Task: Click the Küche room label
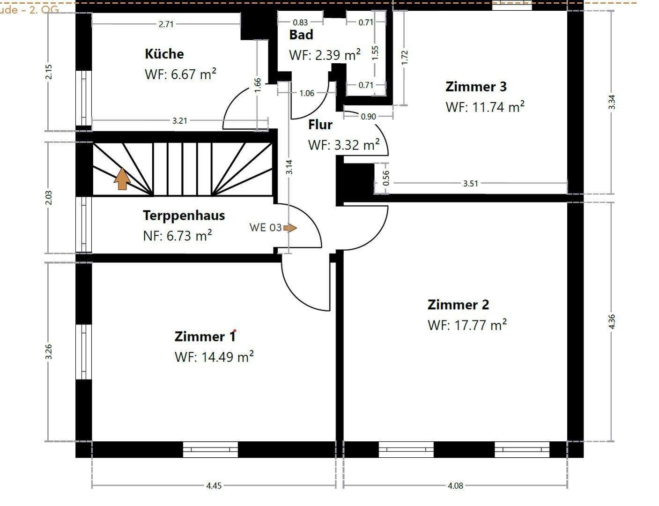[164, 54]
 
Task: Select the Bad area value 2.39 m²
[325, 55]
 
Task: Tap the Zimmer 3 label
[476, 87]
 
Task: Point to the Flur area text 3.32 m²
[343, 145]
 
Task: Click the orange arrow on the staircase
[122, 179]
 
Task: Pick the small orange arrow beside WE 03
[290, 228]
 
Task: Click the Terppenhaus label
[184, 216]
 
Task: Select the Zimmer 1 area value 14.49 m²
[214, 357]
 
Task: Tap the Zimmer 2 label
[458, 305]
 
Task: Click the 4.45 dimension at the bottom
[214, 486]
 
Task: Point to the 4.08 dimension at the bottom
[455, 486]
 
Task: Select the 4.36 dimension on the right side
[612, 321]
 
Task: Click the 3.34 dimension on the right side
[612, 102]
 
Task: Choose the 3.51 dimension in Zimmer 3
[471, 184]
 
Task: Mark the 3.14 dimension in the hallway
[289, 167]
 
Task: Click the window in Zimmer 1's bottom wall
[210, 449]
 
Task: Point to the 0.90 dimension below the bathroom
[368, 116]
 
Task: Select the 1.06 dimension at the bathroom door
[307, 93]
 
